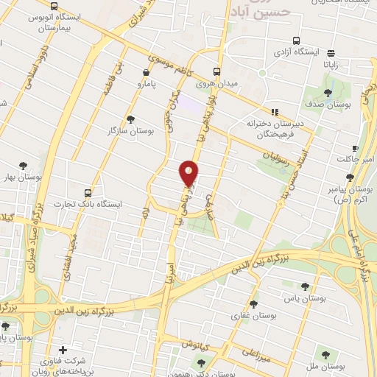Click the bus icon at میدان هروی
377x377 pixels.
point(216,72)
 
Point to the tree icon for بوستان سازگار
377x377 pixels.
point(131,119)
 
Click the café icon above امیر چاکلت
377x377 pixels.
point(356,148)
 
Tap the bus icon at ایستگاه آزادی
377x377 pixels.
point(296,41)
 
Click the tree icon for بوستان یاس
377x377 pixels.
point(305,287)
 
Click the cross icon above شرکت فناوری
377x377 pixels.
point(63,349)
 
